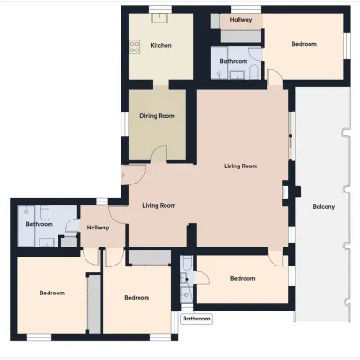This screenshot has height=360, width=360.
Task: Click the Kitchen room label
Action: (161, 45)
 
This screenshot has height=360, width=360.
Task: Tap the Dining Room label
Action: (157, 116)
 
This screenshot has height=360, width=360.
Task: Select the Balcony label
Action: (324, 206)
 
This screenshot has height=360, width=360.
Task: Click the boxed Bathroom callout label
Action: (196, 319)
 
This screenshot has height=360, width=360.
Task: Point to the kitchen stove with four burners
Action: (135, 47)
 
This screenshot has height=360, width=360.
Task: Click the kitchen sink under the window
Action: (160, 18)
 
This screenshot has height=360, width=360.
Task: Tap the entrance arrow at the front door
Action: (122, 175)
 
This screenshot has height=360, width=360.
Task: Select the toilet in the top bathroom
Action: (254, 71)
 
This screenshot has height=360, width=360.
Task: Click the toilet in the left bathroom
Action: (45, 211)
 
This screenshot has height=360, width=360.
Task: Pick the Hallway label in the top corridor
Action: (241, 20)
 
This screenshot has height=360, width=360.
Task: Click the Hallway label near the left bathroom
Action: (98, 228)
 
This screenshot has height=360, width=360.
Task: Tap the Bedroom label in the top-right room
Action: (304, 44)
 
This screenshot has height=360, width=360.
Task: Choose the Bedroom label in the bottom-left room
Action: (52, 292)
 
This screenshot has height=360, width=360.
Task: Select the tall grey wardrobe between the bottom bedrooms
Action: (94, 305)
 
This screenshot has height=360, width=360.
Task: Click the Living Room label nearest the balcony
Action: (241, 166)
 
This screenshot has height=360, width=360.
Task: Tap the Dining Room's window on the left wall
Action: (125, 123)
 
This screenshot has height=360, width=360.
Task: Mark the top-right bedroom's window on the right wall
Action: (346, 46)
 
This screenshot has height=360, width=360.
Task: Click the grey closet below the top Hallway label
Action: (241, 36)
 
